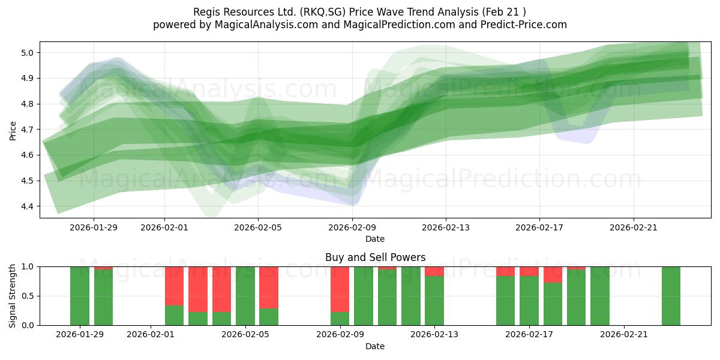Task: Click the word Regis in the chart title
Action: [206, 12]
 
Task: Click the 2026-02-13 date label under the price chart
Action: [445, 227]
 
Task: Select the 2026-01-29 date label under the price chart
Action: [93, 227]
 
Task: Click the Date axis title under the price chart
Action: [375, 239]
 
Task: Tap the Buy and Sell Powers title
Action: [375, 257]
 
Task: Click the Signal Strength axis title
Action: [13, 296]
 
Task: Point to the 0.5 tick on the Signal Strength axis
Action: [28, 296]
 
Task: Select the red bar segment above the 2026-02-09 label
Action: [340, 289]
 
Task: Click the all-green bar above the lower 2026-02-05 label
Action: [245, 296]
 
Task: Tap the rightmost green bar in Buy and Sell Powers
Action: [671, 296]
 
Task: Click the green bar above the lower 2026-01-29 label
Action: [80, 296]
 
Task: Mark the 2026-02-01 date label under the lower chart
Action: [151, 335]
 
